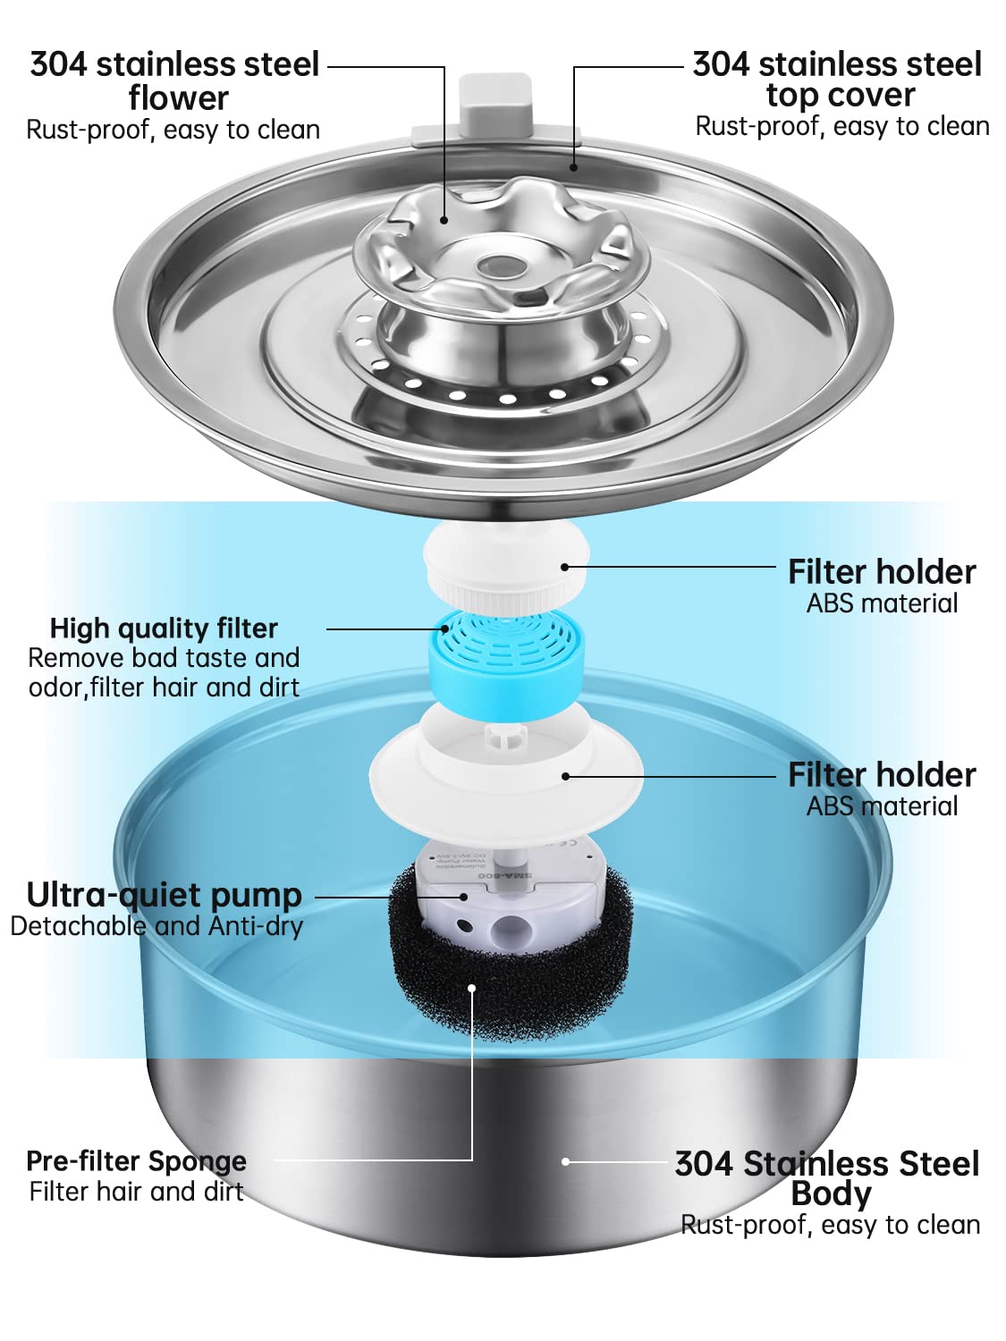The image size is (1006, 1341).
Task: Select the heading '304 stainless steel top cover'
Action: tap(838, 79)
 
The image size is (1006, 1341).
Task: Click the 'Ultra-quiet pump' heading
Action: tap(165, 894)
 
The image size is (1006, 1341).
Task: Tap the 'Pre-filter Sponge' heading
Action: tap(136, 1160)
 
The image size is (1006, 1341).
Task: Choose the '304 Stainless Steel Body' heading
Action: tap(828, 1177)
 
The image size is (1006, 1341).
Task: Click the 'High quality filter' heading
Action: tap(164, 628)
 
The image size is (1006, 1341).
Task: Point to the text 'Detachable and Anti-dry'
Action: tap(156, 926)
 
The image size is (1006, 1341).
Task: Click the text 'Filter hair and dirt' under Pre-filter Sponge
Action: tap(136, 1192)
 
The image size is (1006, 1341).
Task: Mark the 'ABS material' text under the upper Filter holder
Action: tap(882, 603)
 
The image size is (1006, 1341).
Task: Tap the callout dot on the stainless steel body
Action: tap(565, 1161)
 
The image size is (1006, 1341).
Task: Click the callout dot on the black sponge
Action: tap(472, 988)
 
